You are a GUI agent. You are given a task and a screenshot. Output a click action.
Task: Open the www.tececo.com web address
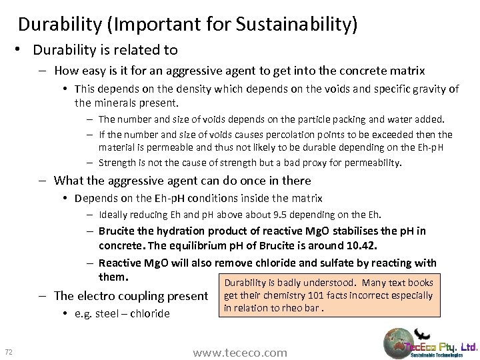(x=240, y=351)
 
